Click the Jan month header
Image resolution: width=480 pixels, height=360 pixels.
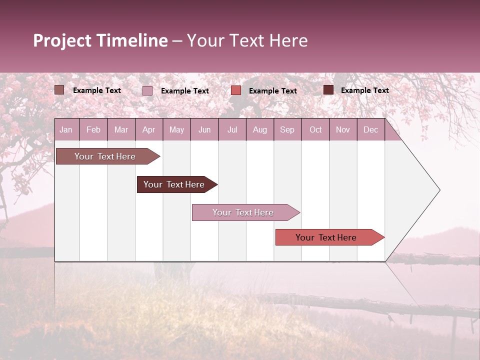pos(66,129)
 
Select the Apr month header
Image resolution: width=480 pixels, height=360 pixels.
pos(148,129)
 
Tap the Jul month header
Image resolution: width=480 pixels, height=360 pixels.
pos(232,129)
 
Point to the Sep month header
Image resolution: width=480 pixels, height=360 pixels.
pos(287,129)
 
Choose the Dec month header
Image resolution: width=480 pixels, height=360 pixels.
pos(370,129)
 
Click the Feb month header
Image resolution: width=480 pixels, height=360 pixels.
pos(93,129)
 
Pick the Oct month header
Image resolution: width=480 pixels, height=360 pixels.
pos(315,129)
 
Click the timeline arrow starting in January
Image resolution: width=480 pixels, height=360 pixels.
pos(105,156)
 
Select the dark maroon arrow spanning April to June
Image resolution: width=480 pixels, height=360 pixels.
pos(174,184)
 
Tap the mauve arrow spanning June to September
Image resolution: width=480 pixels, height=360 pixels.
pos(243,212)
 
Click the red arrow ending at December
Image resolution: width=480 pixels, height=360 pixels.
pos(326,237)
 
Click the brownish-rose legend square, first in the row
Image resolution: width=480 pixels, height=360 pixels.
pos(59,90)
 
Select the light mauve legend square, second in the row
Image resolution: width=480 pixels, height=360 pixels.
pos(147,90)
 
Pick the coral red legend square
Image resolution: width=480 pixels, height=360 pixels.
pos(236,90)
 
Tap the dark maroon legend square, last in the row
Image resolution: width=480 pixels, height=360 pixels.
pos(328,90)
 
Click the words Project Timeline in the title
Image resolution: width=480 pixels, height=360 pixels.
pos(100,40)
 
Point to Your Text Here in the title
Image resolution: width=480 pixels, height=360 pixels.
pos(247,40)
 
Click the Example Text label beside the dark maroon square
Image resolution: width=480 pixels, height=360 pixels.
pos(364,90)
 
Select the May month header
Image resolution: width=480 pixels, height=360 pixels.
pos(176,129)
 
